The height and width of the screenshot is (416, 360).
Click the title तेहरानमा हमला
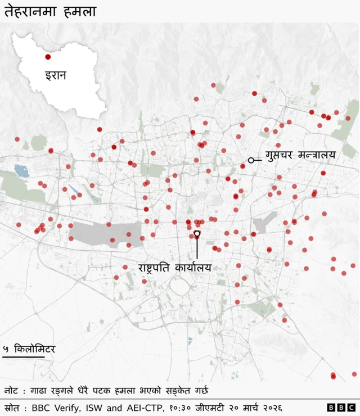50,11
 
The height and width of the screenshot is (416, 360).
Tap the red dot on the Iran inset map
48,57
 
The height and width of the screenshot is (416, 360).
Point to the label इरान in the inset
56,75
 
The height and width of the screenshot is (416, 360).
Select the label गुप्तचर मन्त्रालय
300,155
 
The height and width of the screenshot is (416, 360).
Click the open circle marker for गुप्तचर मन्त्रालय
251,160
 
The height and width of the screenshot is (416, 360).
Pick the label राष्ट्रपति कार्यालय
174,268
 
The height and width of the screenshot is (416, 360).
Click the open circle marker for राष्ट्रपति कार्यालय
197,233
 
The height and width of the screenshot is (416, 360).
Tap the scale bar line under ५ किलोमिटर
23,356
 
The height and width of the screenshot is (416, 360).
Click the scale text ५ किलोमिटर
29,349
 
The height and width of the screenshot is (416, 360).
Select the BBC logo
341,407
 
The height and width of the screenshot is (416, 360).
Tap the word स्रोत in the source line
13,407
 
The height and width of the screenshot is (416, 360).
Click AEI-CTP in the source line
143,407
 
